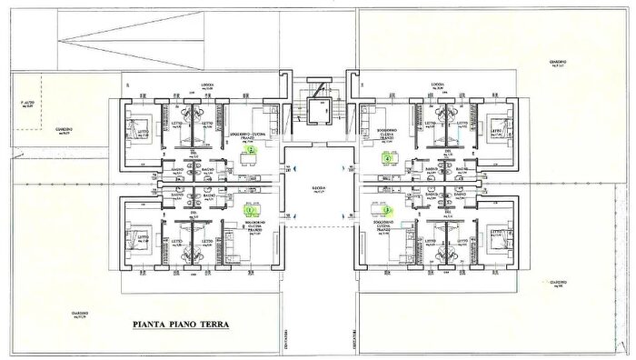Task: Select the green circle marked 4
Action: pos(389,157)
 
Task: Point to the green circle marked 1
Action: pos(250,210)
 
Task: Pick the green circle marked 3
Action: pos(388,209)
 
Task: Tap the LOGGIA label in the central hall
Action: pos(318,189)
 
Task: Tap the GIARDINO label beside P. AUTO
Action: pos(62,130)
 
